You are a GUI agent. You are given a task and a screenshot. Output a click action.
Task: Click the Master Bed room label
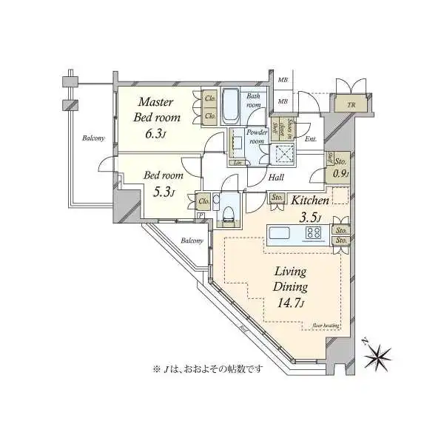click(155, 110)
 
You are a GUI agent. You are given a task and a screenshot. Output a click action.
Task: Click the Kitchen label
click(309, 201)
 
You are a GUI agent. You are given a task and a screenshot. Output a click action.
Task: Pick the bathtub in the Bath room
click(229, 107)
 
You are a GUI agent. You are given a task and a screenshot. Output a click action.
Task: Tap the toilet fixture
click(229, 213)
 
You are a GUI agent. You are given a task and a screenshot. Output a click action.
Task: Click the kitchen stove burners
click(314, 234)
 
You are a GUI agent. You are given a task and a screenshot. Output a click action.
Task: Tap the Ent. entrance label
click(310, 138)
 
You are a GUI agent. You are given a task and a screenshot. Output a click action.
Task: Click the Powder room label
click(256, 137)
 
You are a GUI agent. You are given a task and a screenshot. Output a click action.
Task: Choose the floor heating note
click(326, 325)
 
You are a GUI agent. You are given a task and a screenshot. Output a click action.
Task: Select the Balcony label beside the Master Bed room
click(93, 138)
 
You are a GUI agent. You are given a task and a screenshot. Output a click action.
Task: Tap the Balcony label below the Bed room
click(192, 241)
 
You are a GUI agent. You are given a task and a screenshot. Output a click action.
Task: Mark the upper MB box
click(282, 79)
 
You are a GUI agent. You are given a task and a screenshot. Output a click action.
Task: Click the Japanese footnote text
click(208, 368)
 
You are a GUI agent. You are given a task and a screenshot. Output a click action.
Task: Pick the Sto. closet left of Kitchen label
click(277, 198)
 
